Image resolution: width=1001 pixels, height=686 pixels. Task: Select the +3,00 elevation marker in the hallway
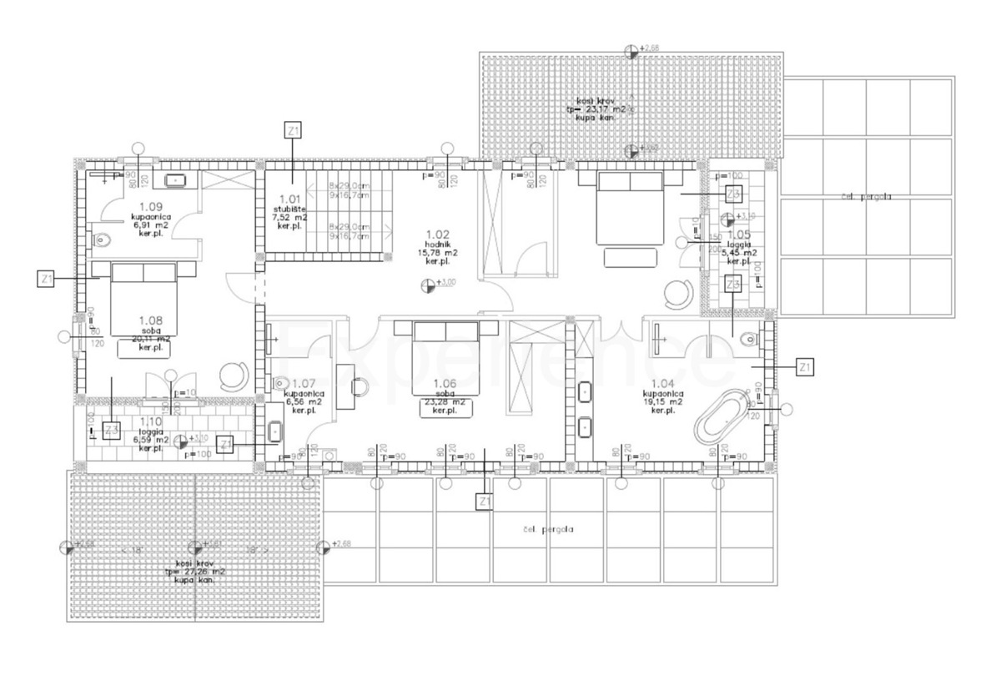coord(429,285)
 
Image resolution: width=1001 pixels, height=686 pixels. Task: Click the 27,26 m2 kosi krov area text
coord(195,572)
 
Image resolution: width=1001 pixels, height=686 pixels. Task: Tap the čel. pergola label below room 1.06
coord(548,529)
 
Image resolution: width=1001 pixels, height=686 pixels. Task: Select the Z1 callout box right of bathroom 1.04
coord(805,366)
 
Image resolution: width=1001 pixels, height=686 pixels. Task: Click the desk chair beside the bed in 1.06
coord(360,386)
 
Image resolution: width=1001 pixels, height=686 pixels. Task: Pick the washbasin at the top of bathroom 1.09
coord(176,179)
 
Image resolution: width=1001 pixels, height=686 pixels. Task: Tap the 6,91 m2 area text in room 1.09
coord(150,224)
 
